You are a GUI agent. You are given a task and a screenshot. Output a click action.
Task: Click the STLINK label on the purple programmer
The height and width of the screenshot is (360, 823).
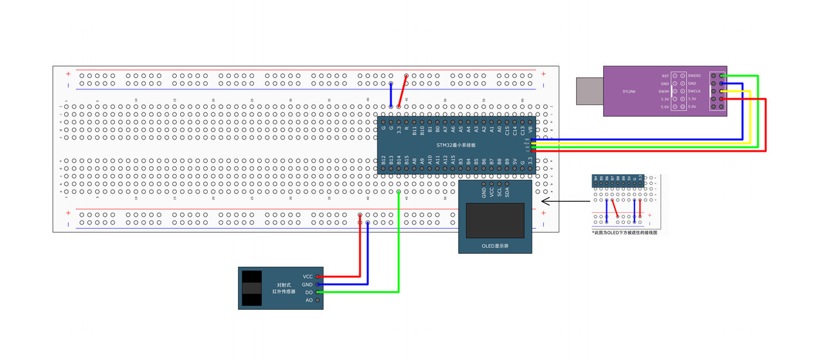[x=629, y=91]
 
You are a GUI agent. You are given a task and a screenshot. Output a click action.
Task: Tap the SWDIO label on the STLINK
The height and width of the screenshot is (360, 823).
[x=694, y=76]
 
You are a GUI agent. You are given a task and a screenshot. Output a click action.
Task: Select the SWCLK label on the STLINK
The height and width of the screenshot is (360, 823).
[x=694, y=91]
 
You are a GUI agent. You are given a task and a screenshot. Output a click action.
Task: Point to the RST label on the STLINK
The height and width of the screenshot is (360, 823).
[x=665, y=76]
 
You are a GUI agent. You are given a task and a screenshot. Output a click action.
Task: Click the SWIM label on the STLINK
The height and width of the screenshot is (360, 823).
[x=664, y=91]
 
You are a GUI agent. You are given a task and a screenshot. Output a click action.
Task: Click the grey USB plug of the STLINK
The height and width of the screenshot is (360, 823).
[x=589, y=91]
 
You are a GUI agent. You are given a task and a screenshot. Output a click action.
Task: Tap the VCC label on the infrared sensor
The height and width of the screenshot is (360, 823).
[x=307, y=276]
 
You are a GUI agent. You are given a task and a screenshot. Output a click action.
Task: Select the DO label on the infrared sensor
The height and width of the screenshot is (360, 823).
[x=309, y=292]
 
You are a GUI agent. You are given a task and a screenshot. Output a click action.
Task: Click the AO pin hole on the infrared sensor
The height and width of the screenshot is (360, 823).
[x=318, y=300]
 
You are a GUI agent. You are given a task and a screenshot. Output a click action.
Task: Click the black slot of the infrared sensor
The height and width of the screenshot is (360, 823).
[x=251, y=288]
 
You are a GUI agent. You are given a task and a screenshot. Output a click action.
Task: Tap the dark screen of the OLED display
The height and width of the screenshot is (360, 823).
[x=495, y=220]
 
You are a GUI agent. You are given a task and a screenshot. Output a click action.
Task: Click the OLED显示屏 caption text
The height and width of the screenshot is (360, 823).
[x=494, y=246]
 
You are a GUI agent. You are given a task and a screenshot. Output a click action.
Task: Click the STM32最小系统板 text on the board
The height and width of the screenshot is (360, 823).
[x=456, y=145]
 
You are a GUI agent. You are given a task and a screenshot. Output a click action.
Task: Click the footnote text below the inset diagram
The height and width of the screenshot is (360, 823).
[x=624, y=233]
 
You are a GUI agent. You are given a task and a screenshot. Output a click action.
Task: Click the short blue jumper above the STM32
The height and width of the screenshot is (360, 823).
[x=391, y=94]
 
